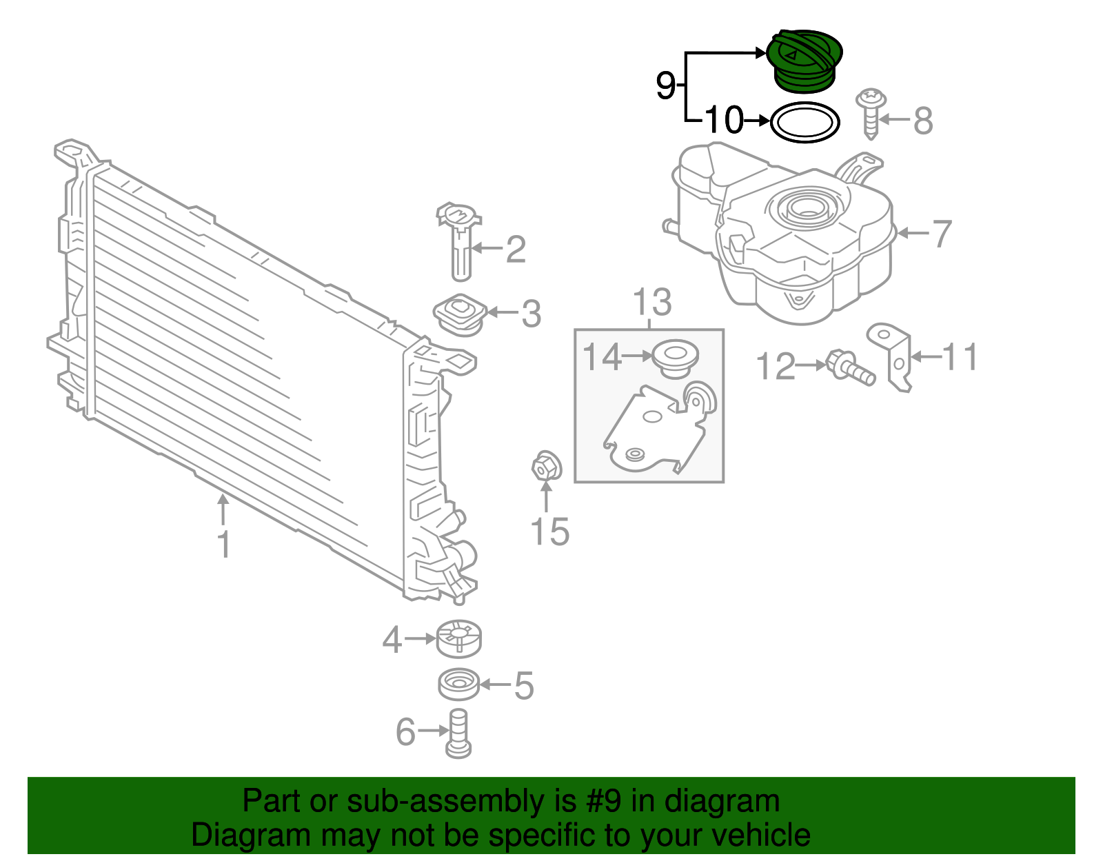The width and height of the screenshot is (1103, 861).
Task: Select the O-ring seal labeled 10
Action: pos(805,123)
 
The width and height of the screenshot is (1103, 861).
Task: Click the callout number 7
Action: pos(942,234)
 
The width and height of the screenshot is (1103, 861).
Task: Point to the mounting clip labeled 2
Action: pos(460,241)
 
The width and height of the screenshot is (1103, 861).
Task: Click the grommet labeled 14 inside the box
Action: pos(675,358)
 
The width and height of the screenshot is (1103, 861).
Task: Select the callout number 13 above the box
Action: pos(651,303)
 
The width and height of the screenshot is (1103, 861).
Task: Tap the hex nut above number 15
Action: pos(546,467)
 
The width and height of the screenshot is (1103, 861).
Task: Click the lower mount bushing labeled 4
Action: pos(459,638)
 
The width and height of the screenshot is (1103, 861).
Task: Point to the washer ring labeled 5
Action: pos(459,684)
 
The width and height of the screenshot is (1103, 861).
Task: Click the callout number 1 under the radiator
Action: pos(223,545)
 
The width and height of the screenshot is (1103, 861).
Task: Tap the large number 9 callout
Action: pos(665,85)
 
